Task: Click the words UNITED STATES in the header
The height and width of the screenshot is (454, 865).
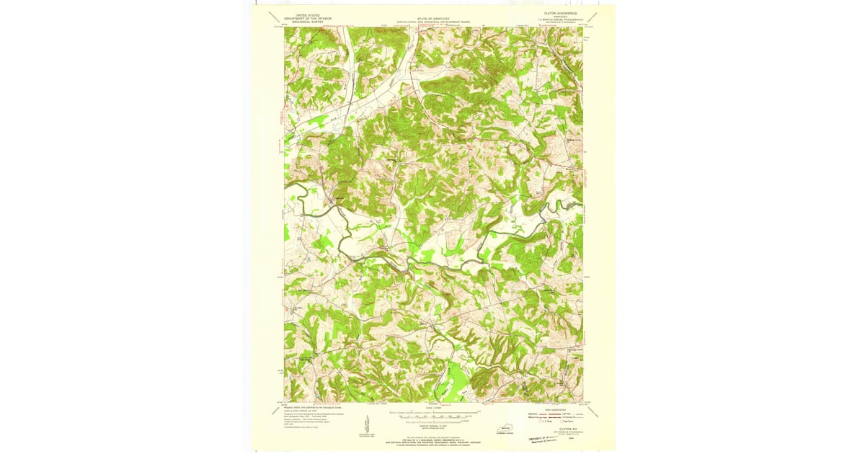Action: tap(303, 12)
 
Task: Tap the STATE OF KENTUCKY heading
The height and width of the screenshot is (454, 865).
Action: tap(432, 17)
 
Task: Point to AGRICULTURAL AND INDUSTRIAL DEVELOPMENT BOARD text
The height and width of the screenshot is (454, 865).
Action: tap(432, 22)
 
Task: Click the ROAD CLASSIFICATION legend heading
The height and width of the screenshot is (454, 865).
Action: tap(559, 408)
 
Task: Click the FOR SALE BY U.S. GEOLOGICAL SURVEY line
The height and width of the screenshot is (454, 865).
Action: tap(432, 437)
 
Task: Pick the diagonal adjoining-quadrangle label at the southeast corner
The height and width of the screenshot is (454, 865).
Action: tap(597, 409)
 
